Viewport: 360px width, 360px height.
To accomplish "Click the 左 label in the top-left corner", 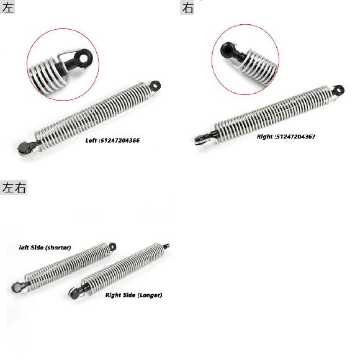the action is (7, 7).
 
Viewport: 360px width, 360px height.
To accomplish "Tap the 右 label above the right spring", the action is (187, 7).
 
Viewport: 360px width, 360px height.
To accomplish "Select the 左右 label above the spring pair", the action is (14, 187).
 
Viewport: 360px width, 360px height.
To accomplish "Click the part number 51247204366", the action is (120, 140).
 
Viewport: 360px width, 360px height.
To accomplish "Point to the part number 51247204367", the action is (295, 137).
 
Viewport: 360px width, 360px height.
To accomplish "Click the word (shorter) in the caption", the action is (58, 248).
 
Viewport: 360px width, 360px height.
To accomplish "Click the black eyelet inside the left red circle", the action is (83, 58).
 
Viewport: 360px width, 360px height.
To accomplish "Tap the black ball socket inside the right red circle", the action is (228, 50).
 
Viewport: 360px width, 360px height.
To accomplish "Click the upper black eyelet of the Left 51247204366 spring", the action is (155, 86).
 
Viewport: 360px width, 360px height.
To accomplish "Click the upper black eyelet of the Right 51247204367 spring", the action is (338, 90).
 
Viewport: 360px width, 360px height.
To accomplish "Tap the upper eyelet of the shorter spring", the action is (112, 247).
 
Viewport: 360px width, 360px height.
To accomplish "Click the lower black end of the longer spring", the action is (75, 294).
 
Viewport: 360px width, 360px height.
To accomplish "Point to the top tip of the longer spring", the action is (169, 245).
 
